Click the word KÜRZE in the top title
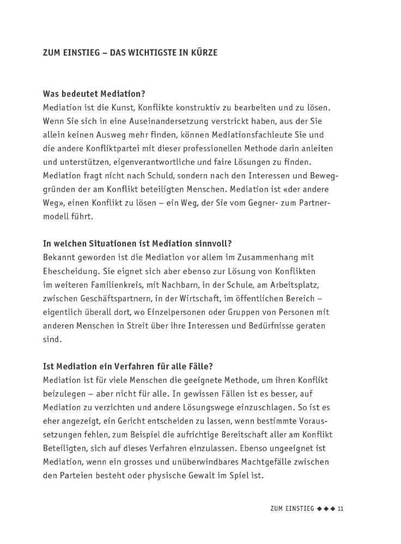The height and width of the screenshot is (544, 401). (x=203, y=53)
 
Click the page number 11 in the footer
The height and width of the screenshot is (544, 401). (x=340, y=509)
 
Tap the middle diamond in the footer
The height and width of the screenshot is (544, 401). (x=326, y=509)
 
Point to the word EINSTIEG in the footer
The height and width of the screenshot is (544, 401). (x=299, y=509)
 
